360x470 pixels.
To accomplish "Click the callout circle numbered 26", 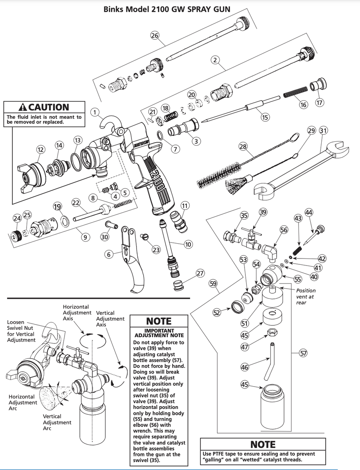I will point(155,36).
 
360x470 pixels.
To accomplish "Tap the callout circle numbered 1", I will point(94,112).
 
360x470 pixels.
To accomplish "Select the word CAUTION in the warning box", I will point(49,107).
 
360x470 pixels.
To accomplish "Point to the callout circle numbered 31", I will point(324,130).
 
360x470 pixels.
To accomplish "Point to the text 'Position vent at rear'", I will point(306,296).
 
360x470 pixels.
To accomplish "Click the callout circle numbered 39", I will point(263,212).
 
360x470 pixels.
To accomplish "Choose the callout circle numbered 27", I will point(200,273).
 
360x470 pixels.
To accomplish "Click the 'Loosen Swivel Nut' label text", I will point(21,331).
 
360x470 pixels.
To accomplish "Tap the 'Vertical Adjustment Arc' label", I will point(57,422).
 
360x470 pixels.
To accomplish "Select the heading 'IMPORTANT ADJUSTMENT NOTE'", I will point(158,333).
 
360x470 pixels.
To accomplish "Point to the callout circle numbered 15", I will point(265,117).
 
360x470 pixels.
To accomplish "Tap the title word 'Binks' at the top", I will point(114,9).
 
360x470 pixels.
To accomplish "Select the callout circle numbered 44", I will point(309,212).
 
